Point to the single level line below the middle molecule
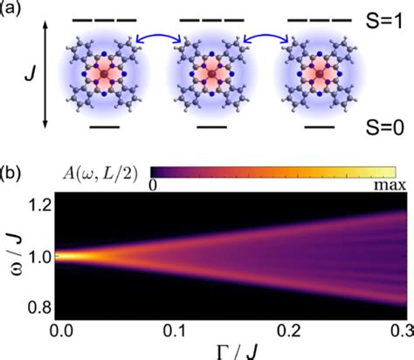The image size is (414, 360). point(209,127)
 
